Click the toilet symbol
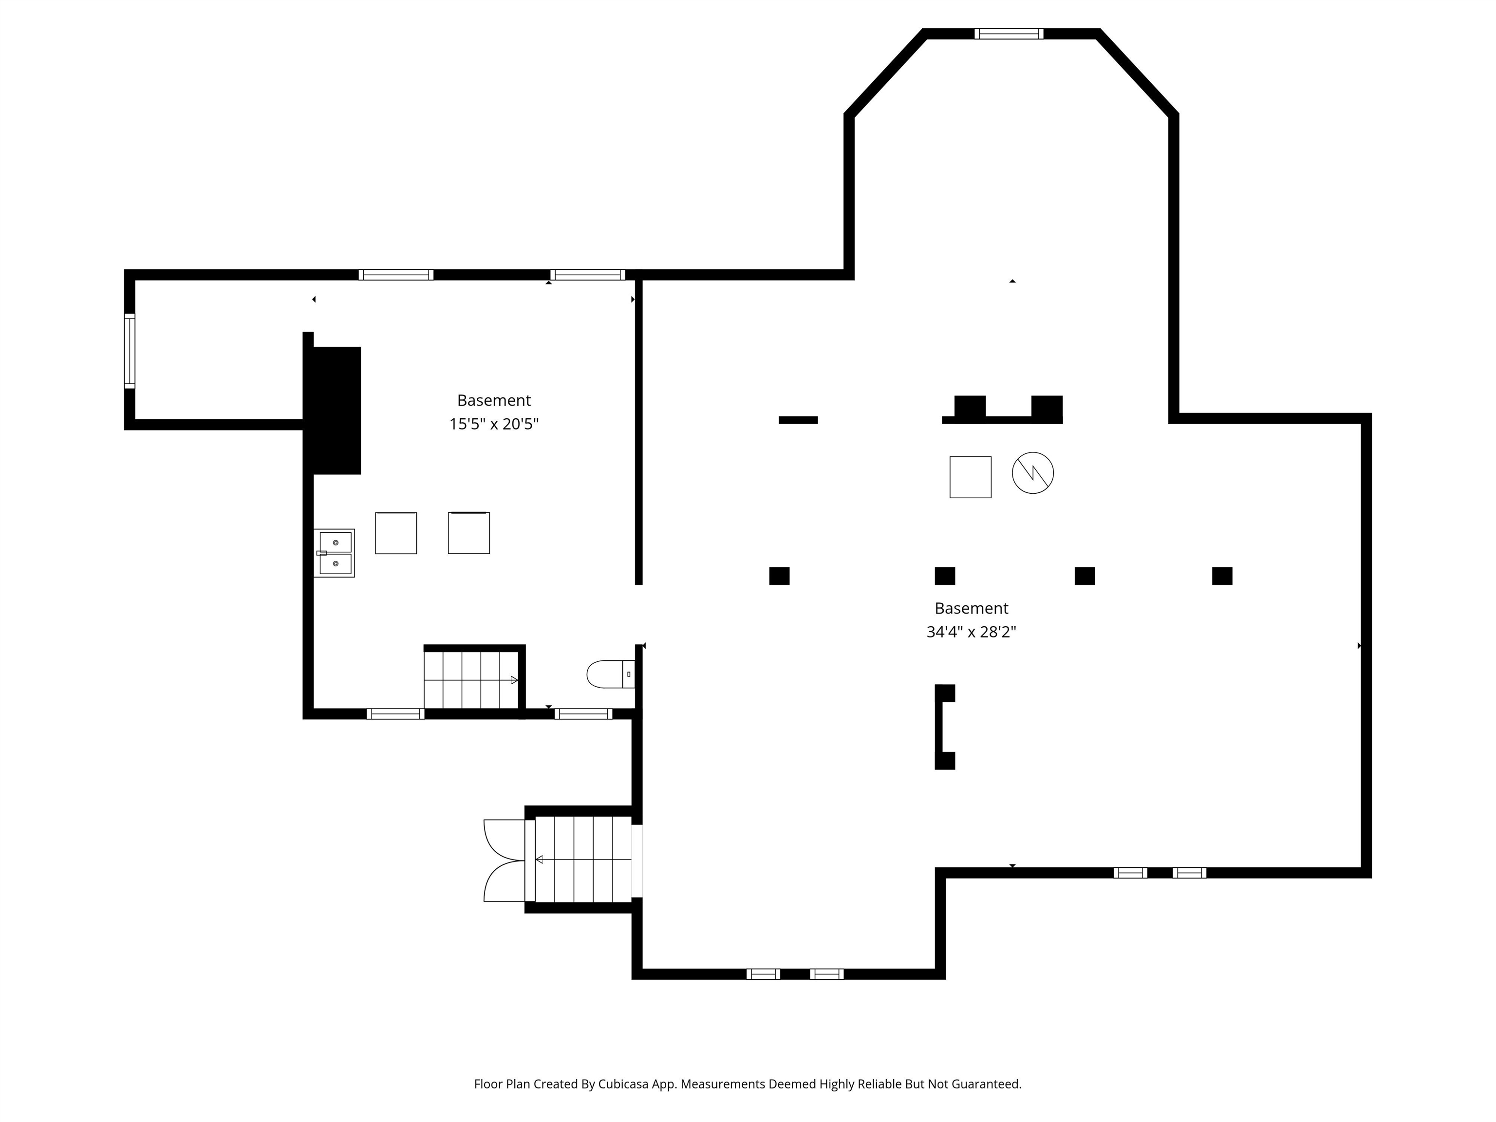[x=611, y=674]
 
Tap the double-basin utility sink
[x=334, y=553]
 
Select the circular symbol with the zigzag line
[x=1033, y=473]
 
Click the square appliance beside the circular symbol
[x=971, y=477]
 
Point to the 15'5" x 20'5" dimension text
[x=494, y=424]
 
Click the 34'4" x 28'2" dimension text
[x=971, y=632]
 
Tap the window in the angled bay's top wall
[x=1009, y=34]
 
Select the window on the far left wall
[x=129, y=351]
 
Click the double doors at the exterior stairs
[x=505, y=860]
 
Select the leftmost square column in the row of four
[x=779, y=576]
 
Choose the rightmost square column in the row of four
[x=1222, y=576]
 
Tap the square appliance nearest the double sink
[x=395, y=533]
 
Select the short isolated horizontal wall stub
[x=798, y=420]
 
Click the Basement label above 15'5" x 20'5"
[x=494, y=400]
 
